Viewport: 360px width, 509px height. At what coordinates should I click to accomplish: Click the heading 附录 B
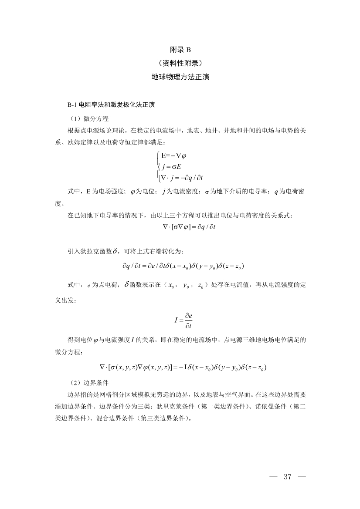tap(180, 51)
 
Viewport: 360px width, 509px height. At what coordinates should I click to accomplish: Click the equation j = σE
tap(172, 166)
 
